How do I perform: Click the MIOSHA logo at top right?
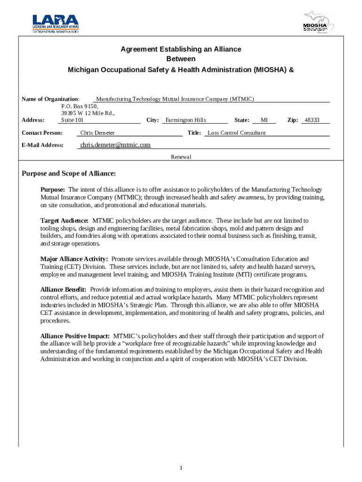click(x=318, y=23)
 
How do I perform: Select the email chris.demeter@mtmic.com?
click(x=115, y=145)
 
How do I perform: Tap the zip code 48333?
click(x=312, y=120)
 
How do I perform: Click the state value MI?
click(x=264, y=120)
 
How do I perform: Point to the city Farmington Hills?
click(x=186, y=120)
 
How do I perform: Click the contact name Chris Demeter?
click(x=97, y=133)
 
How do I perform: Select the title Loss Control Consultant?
click(x=236, y=133)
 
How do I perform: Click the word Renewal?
click(x=181, y=157)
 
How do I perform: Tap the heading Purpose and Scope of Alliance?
click(x=69, y=174)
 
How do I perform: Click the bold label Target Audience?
click(x=64, y=220)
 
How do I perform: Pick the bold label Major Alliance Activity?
click(x=74, y=259)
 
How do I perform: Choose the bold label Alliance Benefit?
click(x=63, y=289)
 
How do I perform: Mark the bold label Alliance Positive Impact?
click(x=75, y=336)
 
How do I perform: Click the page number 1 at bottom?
click(x=181, y=467)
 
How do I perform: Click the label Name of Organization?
click(x=51, y=99)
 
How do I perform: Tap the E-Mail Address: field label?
click(x=43, y=145)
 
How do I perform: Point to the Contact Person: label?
click(x=42, y=133)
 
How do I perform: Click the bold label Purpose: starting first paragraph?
click(x=53, y=190)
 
